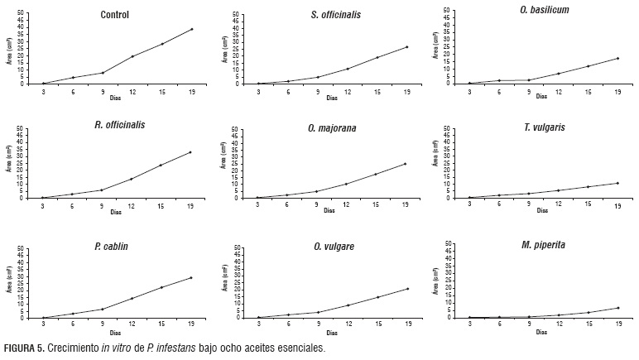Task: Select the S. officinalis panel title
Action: (335, 14)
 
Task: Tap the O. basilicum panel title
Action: (545, 9)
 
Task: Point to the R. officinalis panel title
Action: (119, 125)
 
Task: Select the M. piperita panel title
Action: (545, 245)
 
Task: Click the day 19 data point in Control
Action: (192, 29)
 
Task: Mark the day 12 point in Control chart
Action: (132, 56)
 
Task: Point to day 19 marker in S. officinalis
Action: (406, 46)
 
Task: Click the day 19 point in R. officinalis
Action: (192, 151)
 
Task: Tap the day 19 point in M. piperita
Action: (617, 308)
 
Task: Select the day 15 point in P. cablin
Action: (161, 287)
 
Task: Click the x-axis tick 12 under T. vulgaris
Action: (559, 204)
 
